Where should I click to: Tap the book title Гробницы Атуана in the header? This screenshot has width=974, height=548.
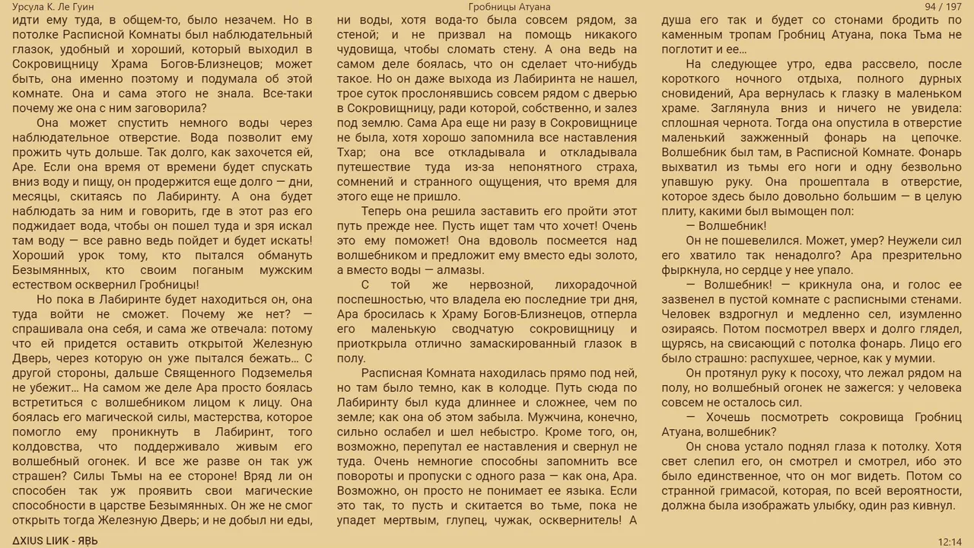point(509,7)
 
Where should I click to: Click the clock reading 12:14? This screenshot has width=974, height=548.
point(950,541)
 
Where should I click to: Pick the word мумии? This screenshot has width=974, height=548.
point(937,358)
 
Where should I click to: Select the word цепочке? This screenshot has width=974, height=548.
point(933,138)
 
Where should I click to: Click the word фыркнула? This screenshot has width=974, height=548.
point(689,270)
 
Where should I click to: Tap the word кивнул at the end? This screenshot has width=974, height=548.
point(932,505)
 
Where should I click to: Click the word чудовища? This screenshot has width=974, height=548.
point(369,50)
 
